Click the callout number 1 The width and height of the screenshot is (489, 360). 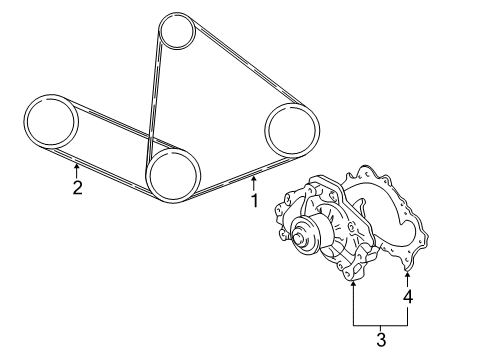pyautogui.click(x=255, y=200)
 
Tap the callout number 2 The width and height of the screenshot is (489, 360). pyautogui.click(x=77, y=187)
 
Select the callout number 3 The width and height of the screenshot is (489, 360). pyautogui.click(x=381, y=341)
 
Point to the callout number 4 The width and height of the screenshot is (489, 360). pyautogui.click(x=408, y=297)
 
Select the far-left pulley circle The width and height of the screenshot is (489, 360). pyautogui.click(x=50, y=122)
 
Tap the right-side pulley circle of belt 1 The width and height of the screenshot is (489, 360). pyautogui.click(x=290, y=130)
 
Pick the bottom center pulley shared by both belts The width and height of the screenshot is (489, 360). pyautogui.click(x=171, y=173)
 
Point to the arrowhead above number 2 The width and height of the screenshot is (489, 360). pyautogui.click(x=77, y=165)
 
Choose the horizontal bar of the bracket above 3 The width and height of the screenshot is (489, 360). pyautogui.click(x=381, y=326)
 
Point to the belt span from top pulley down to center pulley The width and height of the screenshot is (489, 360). pyautogui.click(x=154, y=95)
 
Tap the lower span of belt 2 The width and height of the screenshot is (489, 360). pyautogui.click(x=110, y=171)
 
